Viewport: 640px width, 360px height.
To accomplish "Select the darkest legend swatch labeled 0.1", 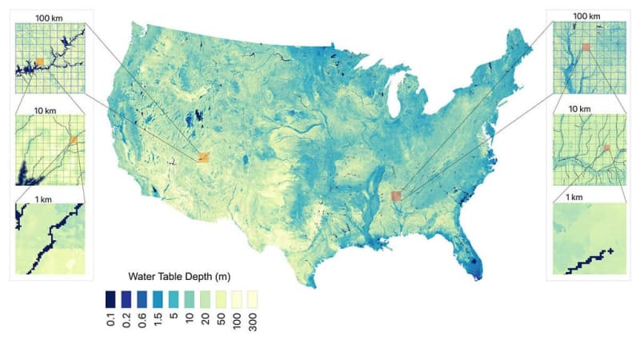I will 110,298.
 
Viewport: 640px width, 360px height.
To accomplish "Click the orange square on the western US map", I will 203,158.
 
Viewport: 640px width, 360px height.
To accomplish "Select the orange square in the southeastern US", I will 395,195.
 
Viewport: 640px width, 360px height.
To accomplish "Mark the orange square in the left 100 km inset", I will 39,61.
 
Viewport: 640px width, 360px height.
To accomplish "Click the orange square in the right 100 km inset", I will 586,47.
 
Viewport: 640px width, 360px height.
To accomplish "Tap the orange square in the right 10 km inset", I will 606,148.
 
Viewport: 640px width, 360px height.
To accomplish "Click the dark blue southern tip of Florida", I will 477,272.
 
